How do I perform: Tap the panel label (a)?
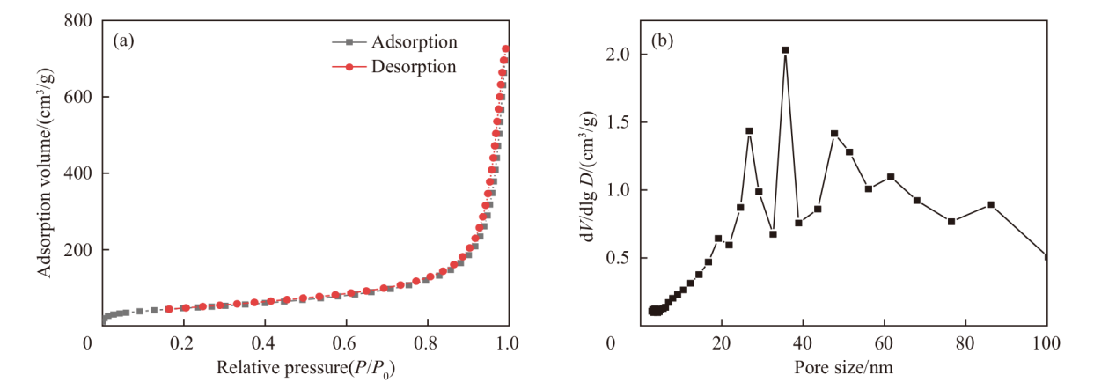pos(123,40)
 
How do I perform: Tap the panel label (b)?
pos(662,40)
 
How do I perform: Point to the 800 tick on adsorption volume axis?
pos(77,20)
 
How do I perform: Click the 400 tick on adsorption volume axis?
pos(77,173)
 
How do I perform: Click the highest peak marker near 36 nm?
pos(785,50)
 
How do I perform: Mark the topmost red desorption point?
pos(506,49)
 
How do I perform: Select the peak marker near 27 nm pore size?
pos(749,131)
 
